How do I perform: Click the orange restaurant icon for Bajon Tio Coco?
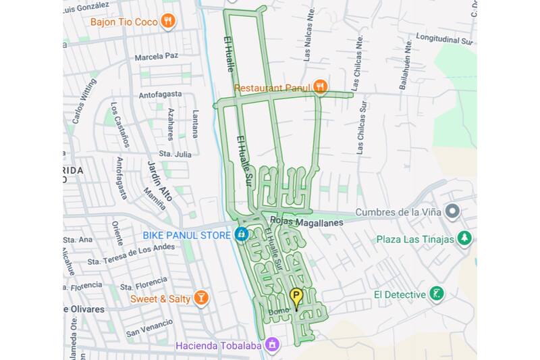point(168,22)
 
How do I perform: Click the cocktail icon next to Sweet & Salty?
point(200,298)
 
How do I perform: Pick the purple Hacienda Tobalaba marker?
point(272,344)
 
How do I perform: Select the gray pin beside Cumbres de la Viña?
point(452,212)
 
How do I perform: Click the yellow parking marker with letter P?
point(296,296)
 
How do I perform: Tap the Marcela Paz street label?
point(157,56)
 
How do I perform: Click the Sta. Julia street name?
point(175,154)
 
